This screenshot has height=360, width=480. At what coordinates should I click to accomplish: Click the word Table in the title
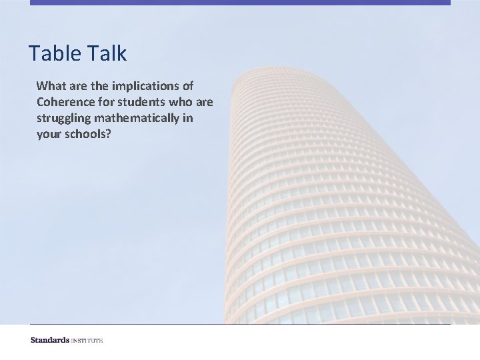pos(54,53)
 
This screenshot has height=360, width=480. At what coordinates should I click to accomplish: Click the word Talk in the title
pos(105,53)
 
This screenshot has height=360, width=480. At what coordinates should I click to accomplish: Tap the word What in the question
pos(49,86)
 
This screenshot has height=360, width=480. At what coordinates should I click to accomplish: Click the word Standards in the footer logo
pos(51,341)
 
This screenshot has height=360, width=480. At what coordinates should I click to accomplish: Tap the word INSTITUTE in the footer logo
pos(88,341)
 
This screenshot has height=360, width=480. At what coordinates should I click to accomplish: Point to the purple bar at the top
pos(240,3)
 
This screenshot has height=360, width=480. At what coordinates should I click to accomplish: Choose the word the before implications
pos(96,86)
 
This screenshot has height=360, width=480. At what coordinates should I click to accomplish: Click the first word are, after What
pos(74,86)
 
